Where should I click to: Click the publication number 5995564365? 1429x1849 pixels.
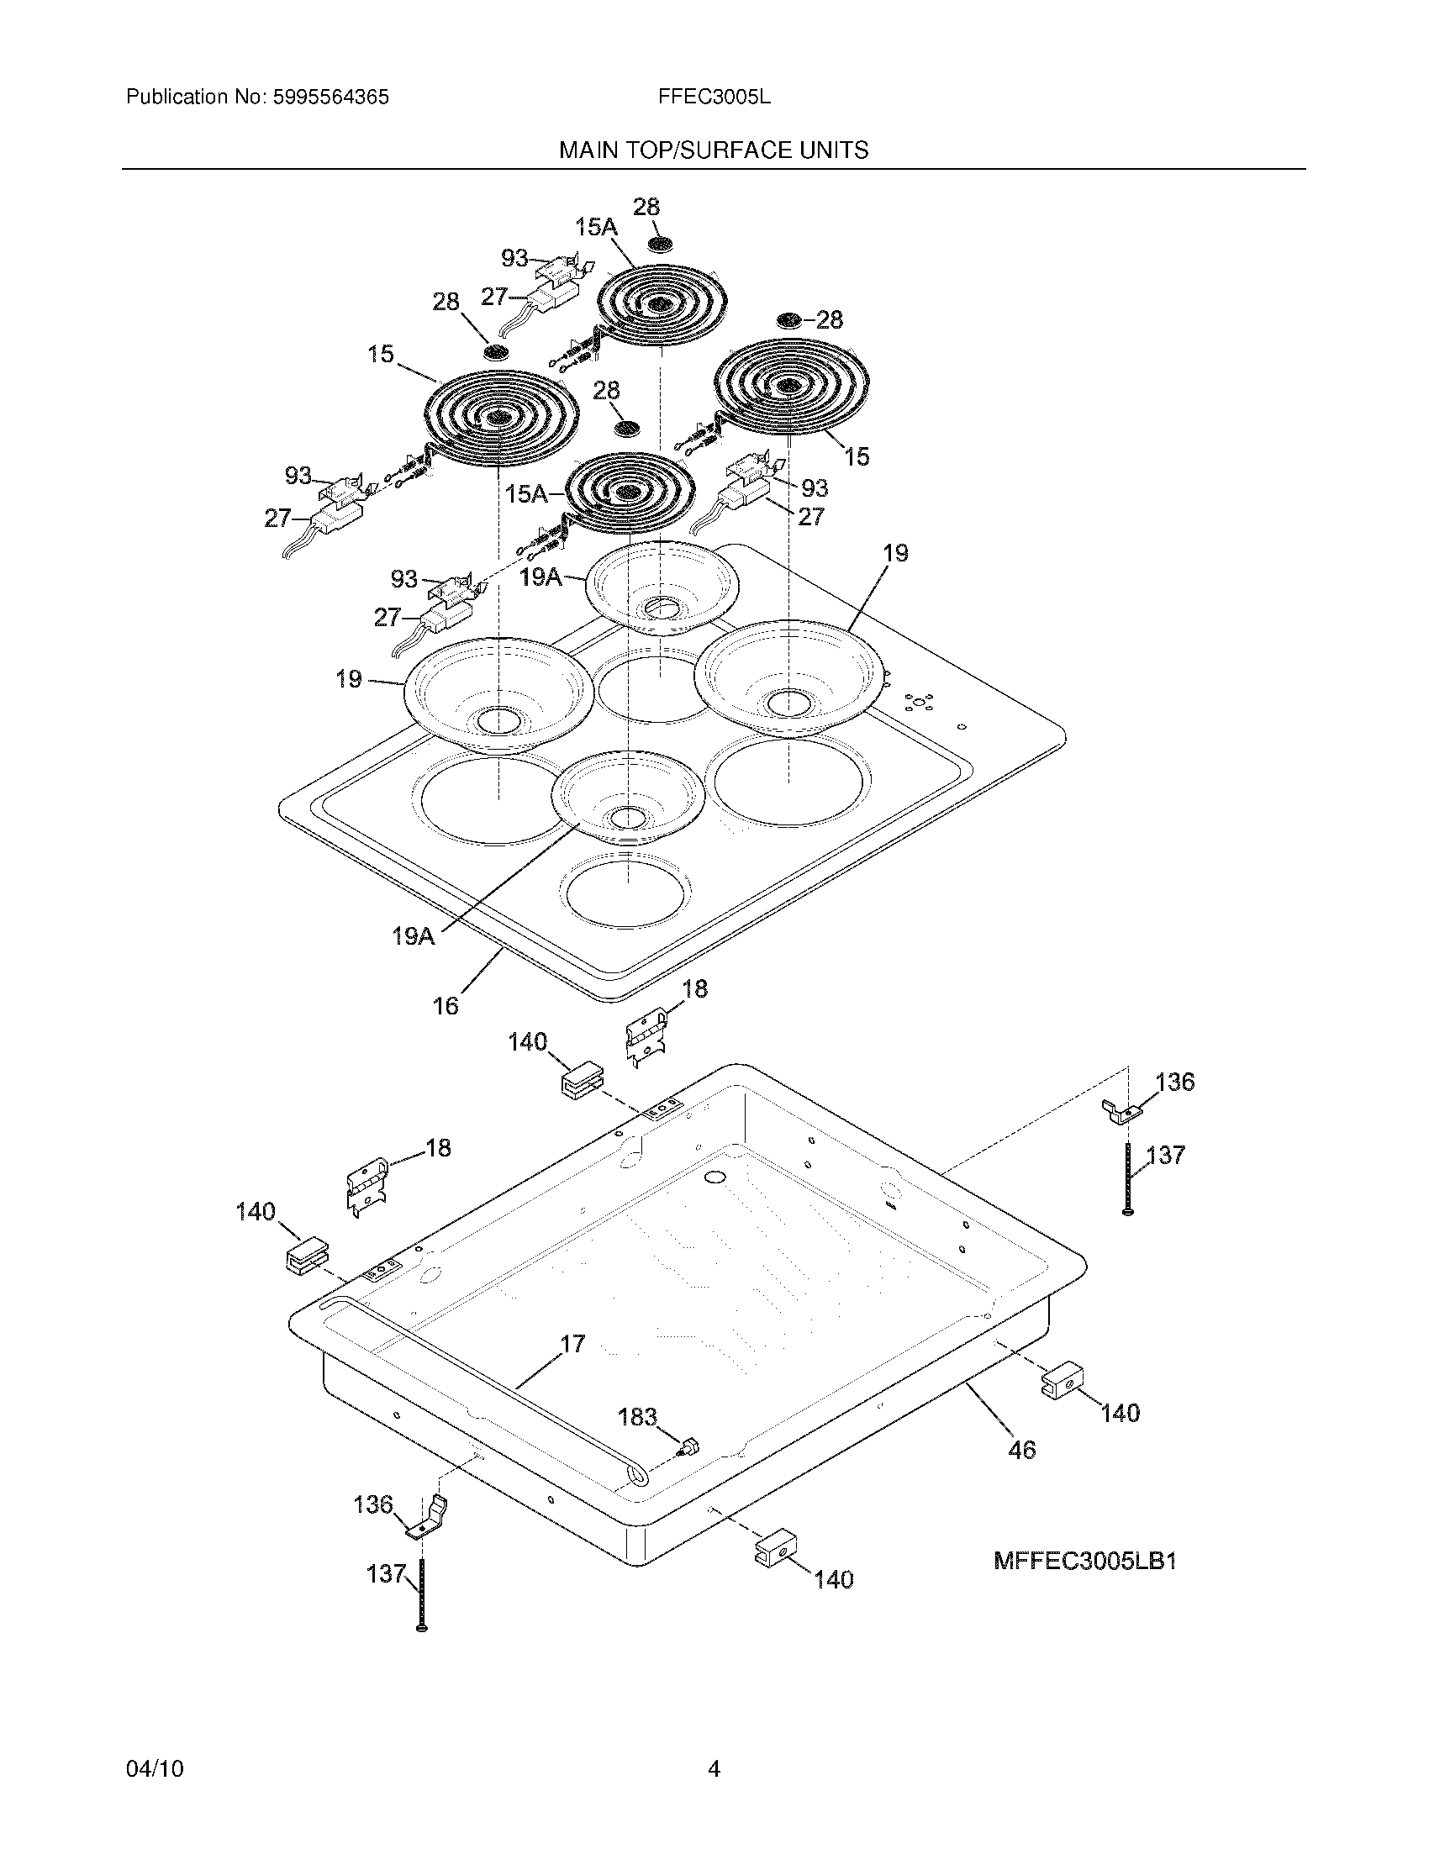pyautogui.click(x=330, y=97)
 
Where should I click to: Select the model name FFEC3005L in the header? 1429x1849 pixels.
pyautogui.click(x=714, y=97)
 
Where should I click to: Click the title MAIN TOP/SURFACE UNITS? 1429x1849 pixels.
pyautogui.click(x=713, y=150)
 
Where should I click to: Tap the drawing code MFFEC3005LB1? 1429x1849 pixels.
pyautogui.click(x=1084, y=1562)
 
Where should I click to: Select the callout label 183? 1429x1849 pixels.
pyautogui.click(x=636, y=1416)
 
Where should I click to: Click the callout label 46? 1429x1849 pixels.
pyautogui.click(x=1022, y=1451)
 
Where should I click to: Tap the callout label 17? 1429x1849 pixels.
pyautogui.click(x=572, y=1344)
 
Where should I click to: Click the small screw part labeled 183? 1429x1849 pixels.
pyautogui.click(x=689, y=1446)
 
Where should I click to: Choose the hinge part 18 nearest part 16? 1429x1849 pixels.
pyautogui.click(x=646, y=1038)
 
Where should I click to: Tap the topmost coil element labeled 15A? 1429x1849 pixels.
pyautogui.click(x=663, y=305)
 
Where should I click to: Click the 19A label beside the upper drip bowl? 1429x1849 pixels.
pyautogui.click(x=541, y=577)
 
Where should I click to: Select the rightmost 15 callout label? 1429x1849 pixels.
pyautogui.click(x=857, y=456)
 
